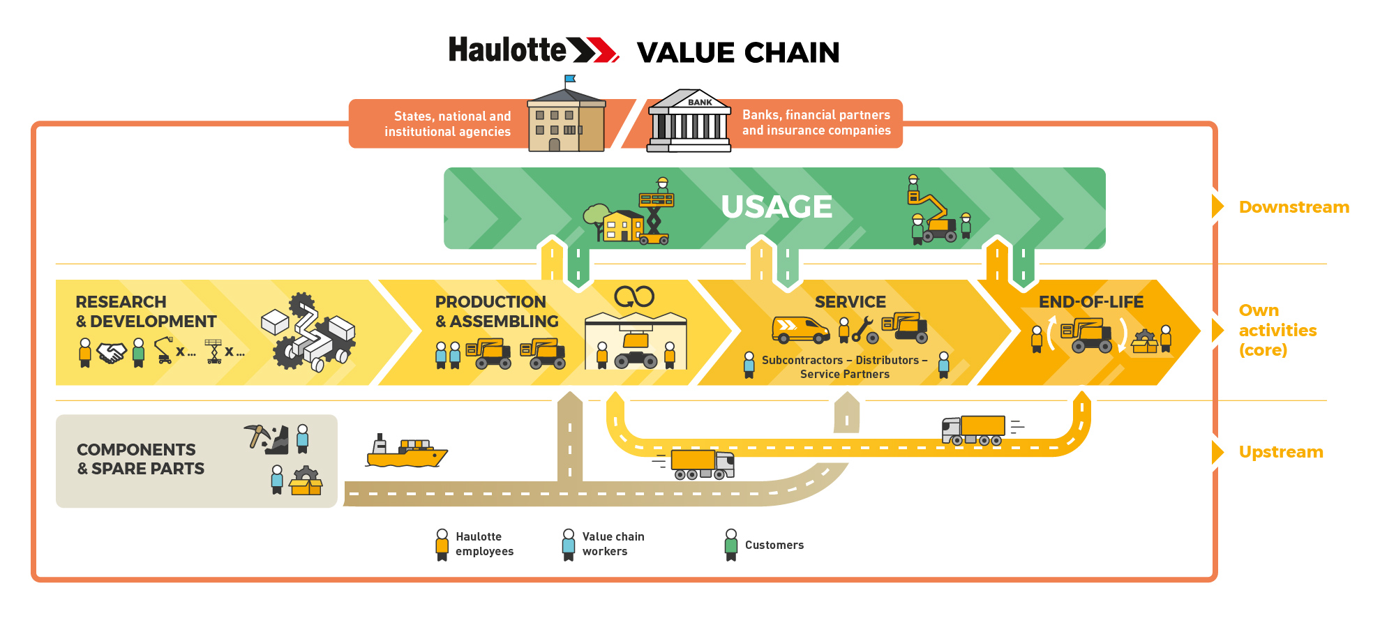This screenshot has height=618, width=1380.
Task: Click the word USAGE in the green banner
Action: (x=777, y=206)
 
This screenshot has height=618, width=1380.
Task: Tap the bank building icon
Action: (x=689, y=121)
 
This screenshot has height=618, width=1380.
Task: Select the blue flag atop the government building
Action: (x=570, y=79)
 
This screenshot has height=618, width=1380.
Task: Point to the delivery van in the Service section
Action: (x=800, y=329)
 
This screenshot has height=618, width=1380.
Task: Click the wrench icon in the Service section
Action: (x=864, y=329)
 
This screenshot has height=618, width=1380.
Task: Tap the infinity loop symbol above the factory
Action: (x=634, y=297)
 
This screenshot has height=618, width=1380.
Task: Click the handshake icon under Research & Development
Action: (x=112, y=353)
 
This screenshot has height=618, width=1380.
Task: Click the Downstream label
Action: (x=1293, y=207)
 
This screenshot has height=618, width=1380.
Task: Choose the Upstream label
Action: (x=1281, y=452)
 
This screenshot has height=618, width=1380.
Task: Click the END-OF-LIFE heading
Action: (x=1091, y=302)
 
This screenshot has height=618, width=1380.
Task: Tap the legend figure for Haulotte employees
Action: (x=442, y=544)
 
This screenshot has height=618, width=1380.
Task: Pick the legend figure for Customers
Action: (x=731, y=544)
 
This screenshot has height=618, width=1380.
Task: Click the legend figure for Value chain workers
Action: (x=569, y=544)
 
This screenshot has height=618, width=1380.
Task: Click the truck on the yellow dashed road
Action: (x=974, y=430)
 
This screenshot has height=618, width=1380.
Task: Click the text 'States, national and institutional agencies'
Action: (x=448, y=124)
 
